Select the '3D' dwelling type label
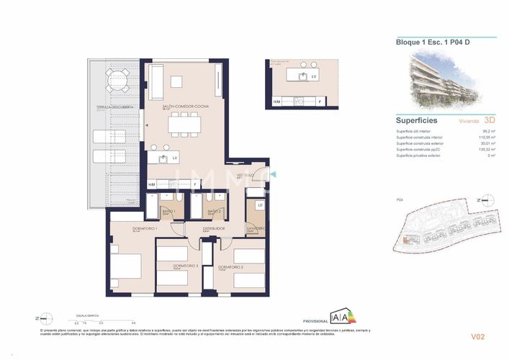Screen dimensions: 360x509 pos(490,121)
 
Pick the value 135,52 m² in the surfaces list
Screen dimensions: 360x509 pos(486,149)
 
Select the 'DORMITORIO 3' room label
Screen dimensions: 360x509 pos(185,266)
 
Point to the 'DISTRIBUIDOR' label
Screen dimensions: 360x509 pos(214,228)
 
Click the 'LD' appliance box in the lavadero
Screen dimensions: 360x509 pos(260,206)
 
